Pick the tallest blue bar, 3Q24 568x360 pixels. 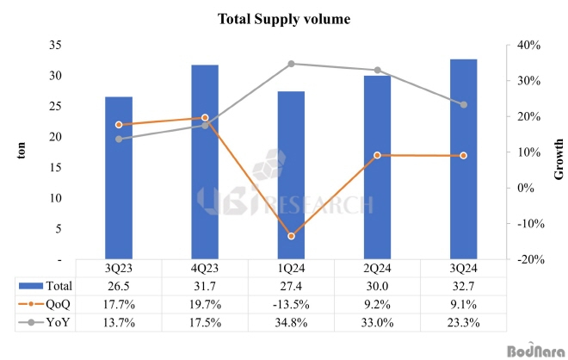click(463, 159)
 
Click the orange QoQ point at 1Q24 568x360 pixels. click(291, 236)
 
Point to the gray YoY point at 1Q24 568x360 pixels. click(291, 64)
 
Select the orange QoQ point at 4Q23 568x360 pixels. click(205, 117)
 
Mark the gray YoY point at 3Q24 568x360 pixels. click(463, 105)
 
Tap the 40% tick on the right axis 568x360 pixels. click(527, 45)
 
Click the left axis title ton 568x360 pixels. click(23, 152)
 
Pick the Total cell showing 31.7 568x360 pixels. click(205, 286)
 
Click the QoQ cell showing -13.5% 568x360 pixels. click(291, 303)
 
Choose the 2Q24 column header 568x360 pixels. click(377, 268)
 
